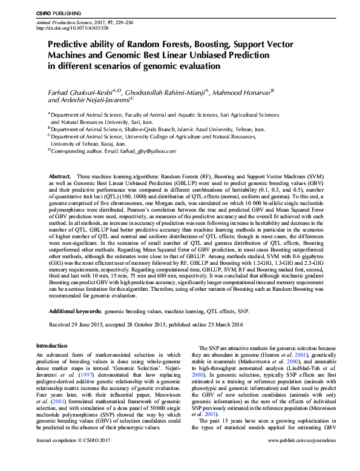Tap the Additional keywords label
(x=75, y=310)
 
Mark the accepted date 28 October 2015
(x=154, y=325)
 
